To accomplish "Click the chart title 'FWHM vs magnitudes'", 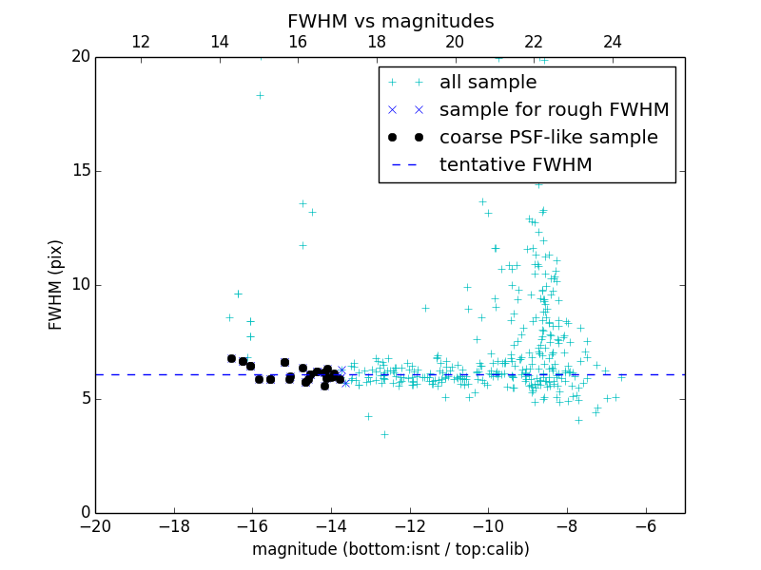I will point(390,21).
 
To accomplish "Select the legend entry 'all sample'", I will point(488,83).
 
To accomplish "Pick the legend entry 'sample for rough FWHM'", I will point(554,110).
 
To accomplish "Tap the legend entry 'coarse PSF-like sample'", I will point(548,138).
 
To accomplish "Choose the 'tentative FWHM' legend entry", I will point(516,165).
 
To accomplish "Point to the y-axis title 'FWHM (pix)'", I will point(56,284).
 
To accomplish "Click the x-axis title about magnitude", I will point(390,549).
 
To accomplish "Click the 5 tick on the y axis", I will point(84,399).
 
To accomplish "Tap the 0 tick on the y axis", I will point(84,513).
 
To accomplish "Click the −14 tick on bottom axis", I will point(331,526).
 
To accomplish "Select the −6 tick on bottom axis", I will point(645,526).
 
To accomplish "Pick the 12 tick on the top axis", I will point(140,42).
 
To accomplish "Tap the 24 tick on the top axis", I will point(613,42).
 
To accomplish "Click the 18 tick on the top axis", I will point(377,42).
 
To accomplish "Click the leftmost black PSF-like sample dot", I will point(231,358).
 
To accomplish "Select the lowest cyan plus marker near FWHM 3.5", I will point(384,434).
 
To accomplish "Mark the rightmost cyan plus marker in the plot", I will point(615,397).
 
